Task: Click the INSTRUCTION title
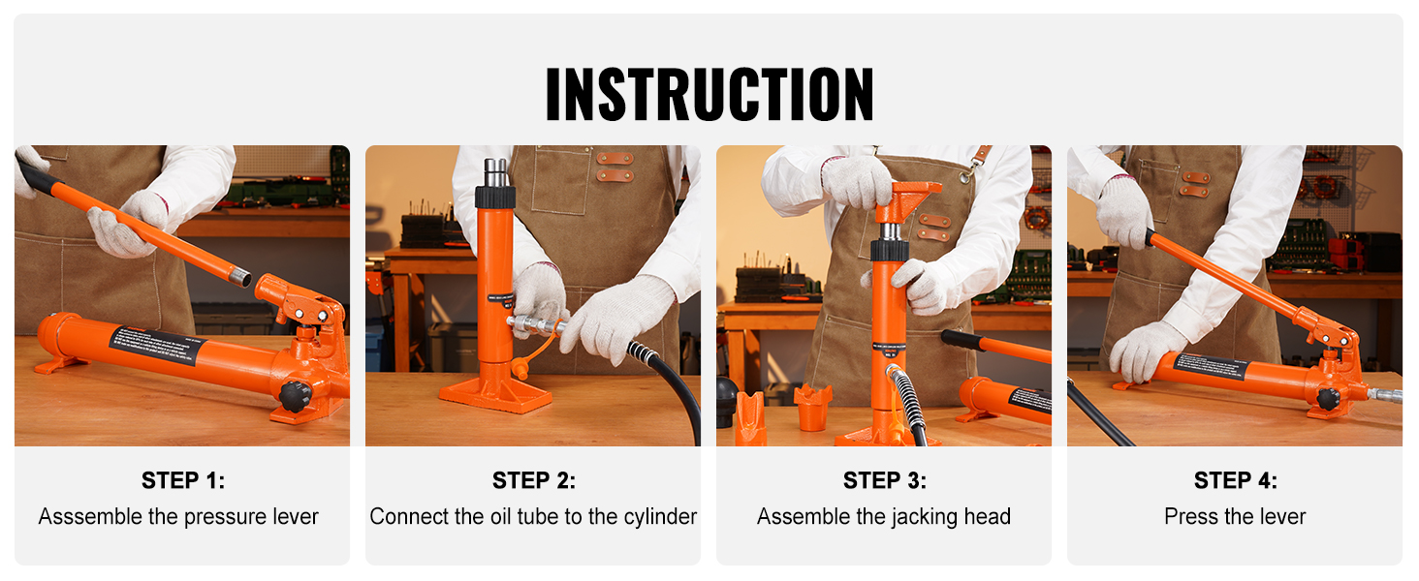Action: tap(709, 94)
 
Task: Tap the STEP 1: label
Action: tap(182, 480)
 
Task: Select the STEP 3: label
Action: tap(884, 480)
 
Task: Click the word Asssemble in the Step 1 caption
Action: tap(90, 517)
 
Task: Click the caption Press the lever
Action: tap(1235, 517)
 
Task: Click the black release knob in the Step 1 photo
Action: tap(295, 395)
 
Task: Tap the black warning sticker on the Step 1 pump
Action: tap(155, 346)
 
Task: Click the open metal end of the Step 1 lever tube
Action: tap(239, 279)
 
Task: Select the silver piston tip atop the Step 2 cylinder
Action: tap(496, 171)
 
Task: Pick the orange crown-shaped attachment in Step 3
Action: tap(812, 407)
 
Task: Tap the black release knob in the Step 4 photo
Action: tap(1327, 398)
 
